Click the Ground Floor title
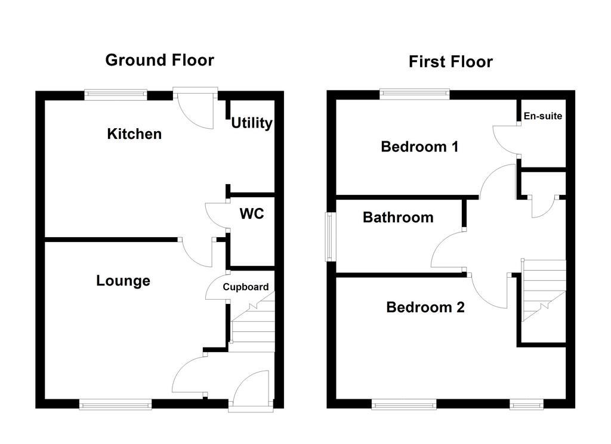click(160, 60)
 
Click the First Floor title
click(451, 62)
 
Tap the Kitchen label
click(134, 134)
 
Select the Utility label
click(252, 123)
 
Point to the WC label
click(252, 213)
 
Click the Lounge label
click(123, 281)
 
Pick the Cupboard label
click(246, 287)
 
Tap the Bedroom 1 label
click(419, 147)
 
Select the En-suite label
click(543, 116)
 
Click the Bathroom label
click(398, 217)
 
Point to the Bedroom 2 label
click(425, 308)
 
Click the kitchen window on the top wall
click(116, 95)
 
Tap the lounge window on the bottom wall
click(115, 404)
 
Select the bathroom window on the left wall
click(331, 237)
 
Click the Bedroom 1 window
click(415, 94)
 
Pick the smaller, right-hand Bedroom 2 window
click(526, 405)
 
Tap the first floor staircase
click(544, 290)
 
